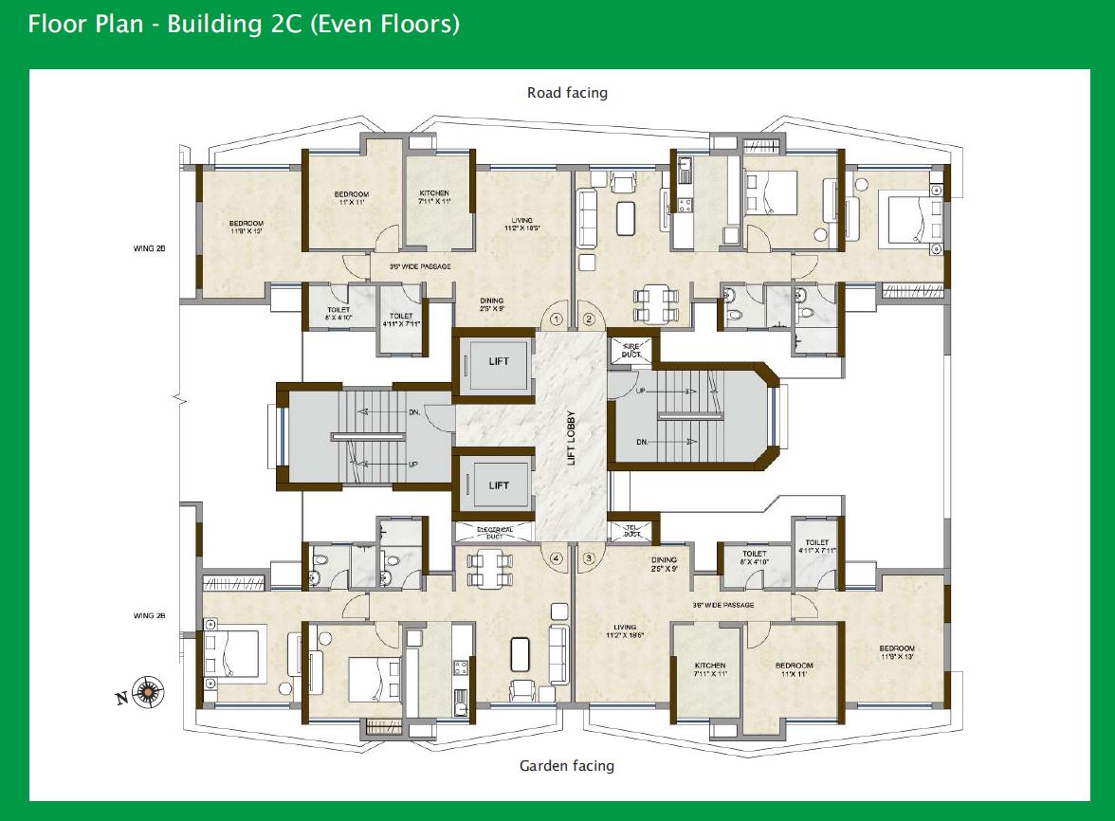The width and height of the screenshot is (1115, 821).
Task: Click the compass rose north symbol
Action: [x=148, y=692]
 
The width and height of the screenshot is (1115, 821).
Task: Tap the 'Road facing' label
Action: [x=567, y=93]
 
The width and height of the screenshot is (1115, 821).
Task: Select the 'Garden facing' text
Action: [x=567, y=765]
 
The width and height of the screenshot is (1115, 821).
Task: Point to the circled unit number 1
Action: [x=556, y=319]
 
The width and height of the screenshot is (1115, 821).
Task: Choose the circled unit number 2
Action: [x=589, y=319]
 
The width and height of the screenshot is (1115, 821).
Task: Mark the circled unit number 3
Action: [x=589, y=558]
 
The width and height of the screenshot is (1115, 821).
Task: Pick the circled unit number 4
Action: [x=556, y=558]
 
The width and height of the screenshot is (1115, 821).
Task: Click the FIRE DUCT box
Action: [x=631, y=349]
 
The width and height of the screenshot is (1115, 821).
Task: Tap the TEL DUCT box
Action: [x=631, y=530]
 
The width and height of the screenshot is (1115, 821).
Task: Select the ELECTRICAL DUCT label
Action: [x=495, y=532]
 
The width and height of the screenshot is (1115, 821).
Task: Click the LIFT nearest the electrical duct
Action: [x=499, y=485]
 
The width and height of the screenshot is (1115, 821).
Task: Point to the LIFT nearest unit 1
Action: [x=499, y=361]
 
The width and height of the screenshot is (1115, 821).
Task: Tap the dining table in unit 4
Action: [x=488, y=566]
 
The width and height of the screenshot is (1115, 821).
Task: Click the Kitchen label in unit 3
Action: [x=709, y=669]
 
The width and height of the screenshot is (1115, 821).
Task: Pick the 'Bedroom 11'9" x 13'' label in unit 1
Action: [x=246, y=227]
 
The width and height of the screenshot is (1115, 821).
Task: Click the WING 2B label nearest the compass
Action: [x=150, y=616]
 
